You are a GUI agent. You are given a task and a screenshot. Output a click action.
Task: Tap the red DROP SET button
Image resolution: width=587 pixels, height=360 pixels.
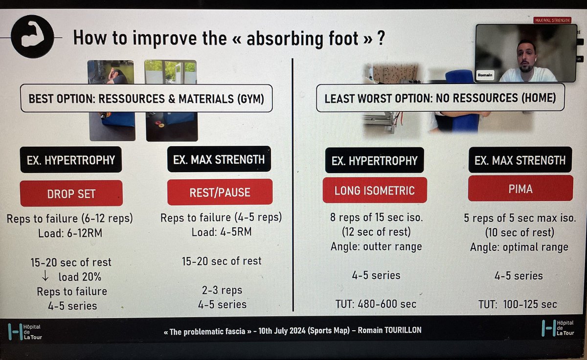coord(71,193)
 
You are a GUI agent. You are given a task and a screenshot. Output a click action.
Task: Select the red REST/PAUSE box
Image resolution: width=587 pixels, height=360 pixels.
coord(220,192)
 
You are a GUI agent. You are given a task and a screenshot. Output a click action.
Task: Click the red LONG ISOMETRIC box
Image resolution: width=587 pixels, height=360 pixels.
coord(375,190)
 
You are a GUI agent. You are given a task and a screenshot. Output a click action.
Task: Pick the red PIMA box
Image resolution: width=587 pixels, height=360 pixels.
coord(520,188)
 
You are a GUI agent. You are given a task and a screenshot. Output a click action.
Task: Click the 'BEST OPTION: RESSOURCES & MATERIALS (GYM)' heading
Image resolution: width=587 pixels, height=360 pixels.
coord(146,99)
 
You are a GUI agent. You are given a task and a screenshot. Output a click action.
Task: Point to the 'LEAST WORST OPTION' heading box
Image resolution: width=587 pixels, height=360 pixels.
coord(440,98)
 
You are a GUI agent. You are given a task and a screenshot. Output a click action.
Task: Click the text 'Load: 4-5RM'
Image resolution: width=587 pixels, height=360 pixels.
coord(222,232)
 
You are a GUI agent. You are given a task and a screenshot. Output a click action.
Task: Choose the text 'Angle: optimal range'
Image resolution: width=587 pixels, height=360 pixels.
coord(519,247)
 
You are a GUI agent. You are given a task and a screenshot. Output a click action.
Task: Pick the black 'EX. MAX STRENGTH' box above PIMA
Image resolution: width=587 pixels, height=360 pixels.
coord(520,160)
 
